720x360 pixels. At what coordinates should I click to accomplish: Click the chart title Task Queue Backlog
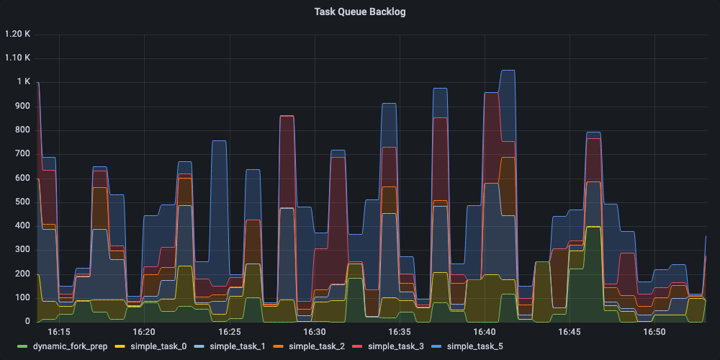tap(359, 12)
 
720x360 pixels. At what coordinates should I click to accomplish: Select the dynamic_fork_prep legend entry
tap(70, 346)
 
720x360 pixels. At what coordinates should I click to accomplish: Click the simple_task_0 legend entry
tap(158, 346)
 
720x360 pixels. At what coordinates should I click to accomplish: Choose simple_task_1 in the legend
tap(238, 346)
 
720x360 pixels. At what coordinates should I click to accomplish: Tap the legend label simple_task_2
tap(317, 346)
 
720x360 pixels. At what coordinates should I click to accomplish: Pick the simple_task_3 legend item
tap(395, 346)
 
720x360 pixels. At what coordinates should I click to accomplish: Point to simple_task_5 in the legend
tap(474, 346)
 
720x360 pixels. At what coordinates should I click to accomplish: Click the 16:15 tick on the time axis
tap(59, 332)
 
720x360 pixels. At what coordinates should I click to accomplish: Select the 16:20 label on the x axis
tap(144, 332)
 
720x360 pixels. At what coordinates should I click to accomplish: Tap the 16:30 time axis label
tap(315, 332)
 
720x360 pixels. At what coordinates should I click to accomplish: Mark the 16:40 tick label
tap(485, 332)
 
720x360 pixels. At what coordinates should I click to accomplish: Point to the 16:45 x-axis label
tap(570, 332)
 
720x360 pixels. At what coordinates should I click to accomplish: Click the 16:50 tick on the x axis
tap(654, 332)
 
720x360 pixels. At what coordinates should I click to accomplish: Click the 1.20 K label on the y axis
tap(17, 34)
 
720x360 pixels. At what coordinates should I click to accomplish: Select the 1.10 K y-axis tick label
tap(17, 58)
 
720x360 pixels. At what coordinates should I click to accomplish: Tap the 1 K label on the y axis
tap(24, 82)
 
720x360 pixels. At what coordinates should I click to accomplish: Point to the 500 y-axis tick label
tap(22, 202)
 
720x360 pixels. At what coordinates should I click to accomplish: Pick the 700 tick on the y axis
tap(22, 154)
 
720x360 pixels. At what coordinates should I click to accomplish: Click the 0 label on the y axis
tap(27, 322)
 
